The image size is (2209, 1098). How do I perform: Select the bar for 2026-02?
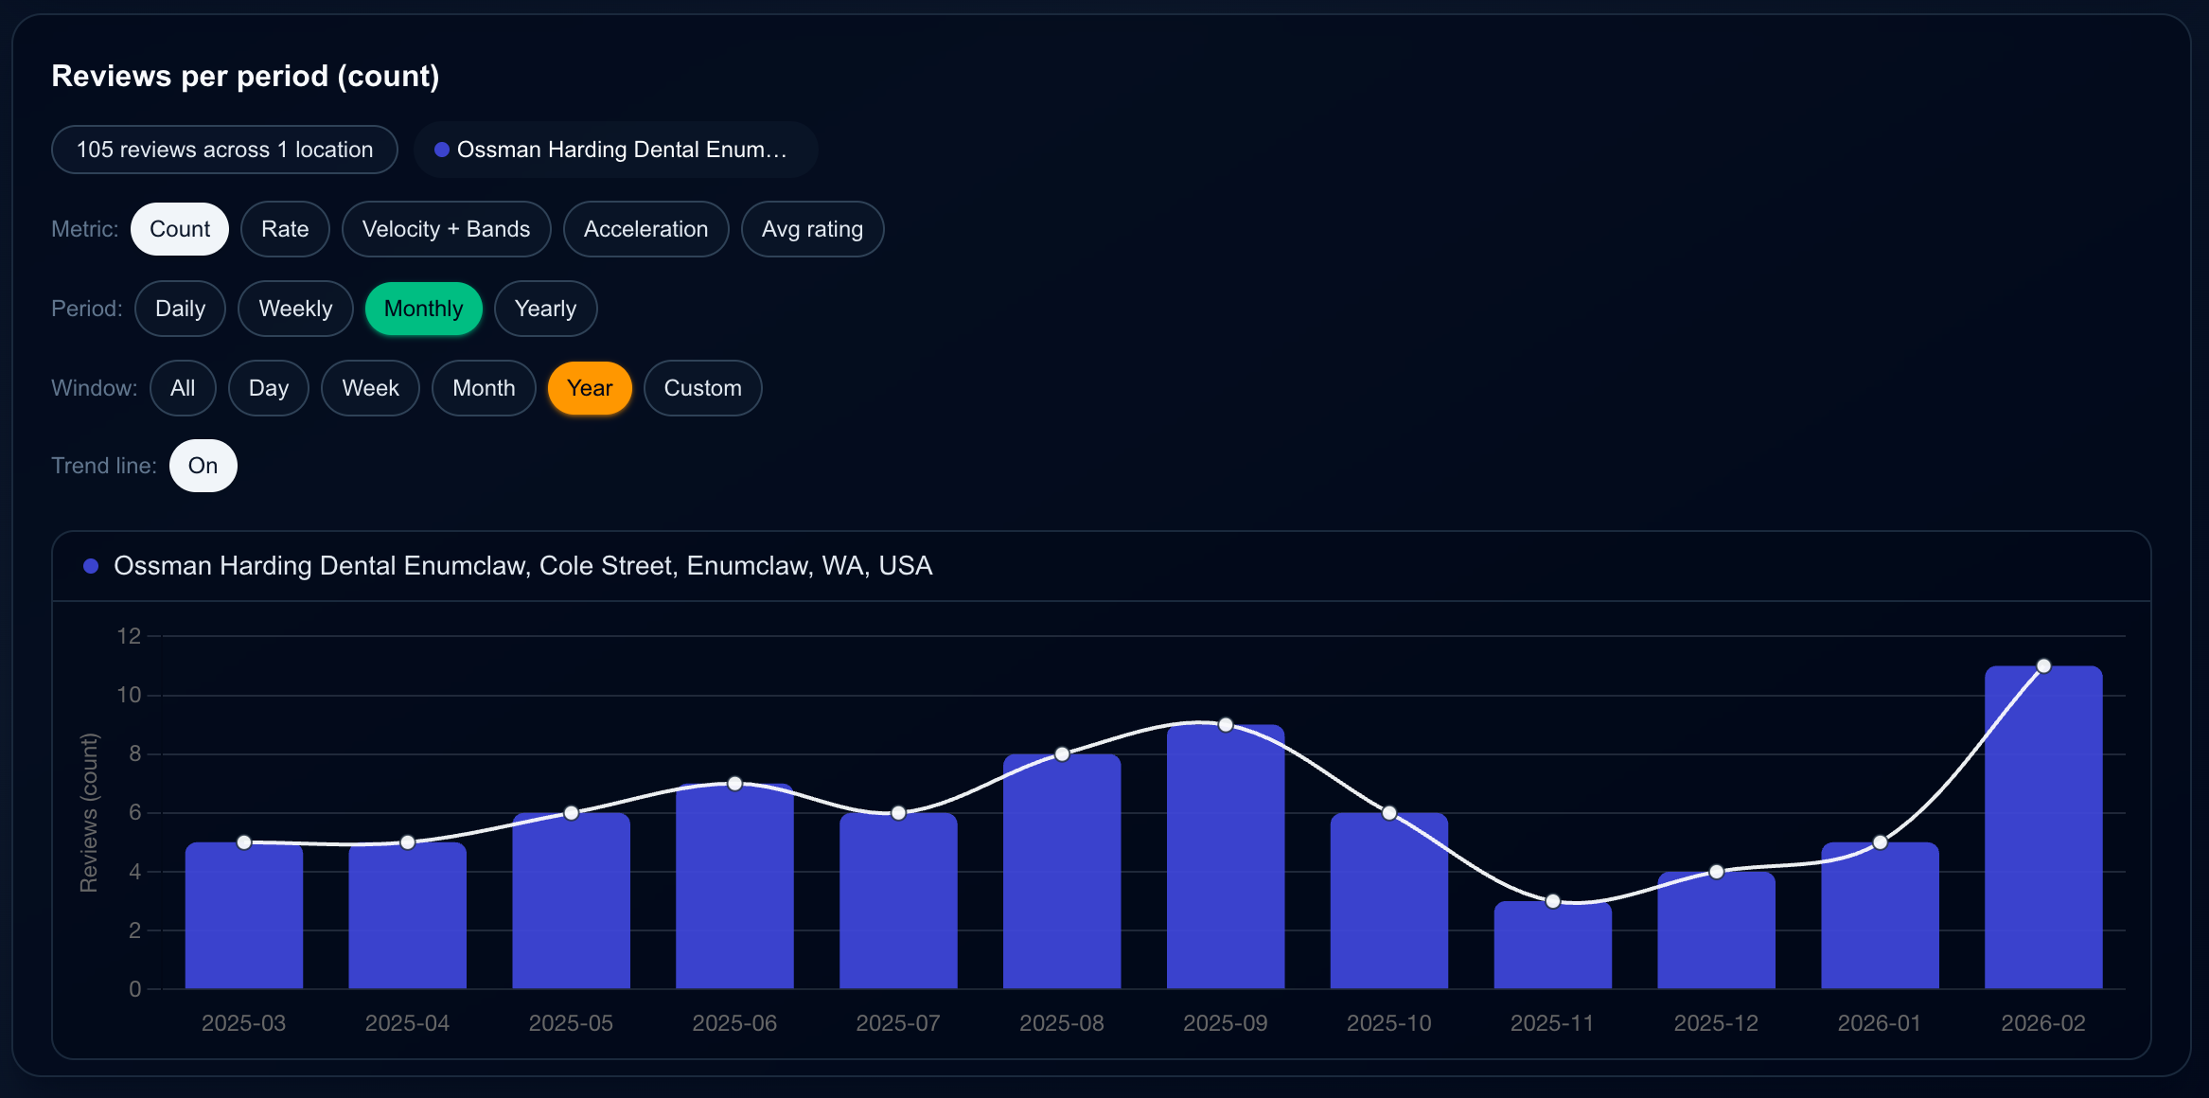2042,833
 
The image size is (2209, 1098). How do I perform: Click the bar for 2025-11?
1552,947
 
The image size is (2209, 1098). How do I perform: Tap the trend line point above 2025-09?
1226,725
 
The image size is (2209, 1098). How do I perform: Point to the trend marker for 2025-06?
735,784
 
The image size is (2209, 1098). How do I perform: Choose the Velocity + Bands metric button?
446,229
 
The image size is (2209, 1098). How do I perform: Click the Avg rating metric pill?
812,229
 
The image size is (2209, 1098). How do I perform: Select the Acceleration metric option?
645,229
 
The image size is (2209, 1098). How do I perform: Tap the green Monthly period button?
423,309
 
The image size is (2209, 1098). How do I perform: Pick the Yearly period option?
545,309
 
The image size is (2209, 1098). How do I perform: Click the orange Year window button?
590,388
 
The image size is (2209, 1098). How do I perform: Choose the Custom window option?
702,388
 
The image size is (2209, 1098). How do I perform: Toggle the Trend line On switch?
203,466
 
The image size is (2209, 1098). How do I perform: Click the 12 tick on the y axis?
129,636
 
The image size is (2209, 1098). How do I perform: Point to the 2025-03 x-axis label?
243,1023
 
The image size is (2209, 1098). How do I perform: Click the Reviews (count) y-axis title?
89,812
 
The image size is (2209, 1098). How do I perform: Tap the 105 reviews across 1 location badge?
224,150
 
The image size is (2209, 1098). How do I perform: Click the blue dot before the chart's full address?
91,566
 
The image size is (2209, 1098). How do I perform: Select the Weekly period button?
295,309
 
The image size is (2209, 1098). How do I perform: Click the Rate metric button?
285,229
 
